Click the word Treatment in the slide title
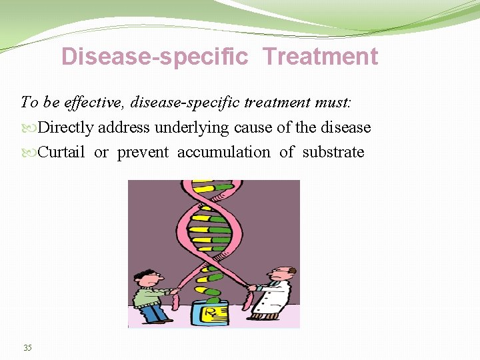tap(320, 57)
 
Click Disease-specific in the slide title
tap(154, 57)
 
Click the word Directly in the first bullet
tap(67, 127)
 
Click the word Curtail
tap(61, 152)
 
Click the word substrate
tap(333, 152)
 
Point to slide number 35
tap(27, 347)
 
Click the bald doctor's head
tap(283, 273)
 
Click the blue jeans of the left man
tap(152, 313)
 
